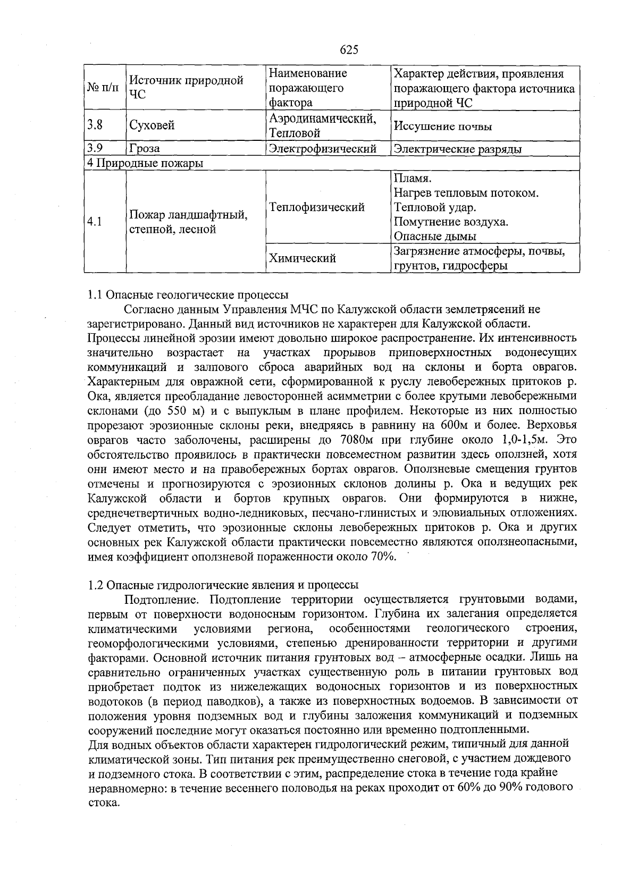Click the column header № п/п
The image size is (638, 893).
coord(103,88)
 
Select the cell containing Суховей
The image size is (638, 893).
coord(152,126)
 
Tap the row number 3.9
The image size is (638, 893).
coord(96,148)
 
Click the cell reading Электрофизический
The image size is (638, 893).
coord(323,149)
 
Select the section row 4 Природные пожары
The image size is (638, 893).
coord(146,163)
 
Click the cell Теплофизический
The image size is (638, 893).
coord(317,207)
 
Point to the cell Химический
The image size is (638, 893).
coord(303,258)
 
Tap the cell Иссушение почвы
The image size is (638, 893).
coord(443,127)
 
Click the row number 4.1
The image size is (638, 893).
coord(95,222)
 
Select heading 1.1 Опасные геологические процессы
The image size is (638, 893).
coord(188,294)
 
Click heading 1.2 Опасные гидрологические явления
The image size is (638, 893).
coord(223,585)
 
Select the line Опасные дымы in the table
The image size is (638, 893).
coord(435,237)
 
